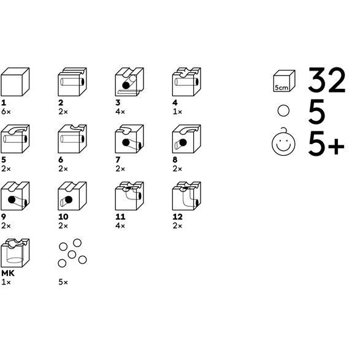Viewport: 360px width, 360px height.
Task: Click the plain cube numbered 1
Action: (15, 82)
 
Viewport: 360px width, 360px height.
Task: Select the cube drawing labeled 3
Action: (129, 82)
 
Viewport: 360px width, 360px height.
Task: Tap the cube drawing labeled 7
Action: (129, 139)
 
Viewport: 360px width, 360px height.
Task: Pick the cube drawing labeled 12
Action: (186, 196)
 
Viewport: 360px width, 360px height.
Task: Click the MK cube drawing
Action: (15, 253)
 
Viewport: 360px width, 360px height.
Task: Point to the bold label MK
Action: (8, 273)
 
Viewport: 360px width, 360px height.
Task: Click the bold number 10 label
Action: (63, 216)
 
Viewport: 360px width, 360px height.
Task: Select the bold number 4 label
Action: (175, 102)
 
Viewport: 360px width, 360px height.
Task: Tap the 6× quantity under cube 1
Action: (6, 112)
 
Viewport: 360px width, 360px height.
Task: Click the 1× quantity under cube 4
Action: (177, 112)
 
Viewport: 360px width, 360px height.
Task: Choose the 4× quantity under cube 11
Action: (120, 226)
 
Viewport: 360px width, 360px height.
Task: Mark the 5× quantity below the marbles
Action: (63, 282)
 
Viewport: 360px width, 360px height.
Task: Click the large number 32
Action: (327, 80)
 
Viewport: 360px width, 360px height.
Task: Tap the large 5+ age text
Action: (326, 144)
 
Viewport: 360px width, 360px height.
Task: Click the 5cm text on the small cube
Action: (281, 88)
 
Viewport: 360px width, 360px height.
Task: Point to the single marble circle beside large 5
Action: (283, 110)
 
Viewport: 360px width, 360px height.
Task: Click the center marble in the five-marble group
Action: (72, 255)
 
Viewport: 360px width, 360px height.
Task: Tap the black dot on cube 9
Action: (12, 199)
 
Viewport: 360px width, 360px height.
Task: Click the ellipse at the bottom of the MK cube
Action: (15, 260)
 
